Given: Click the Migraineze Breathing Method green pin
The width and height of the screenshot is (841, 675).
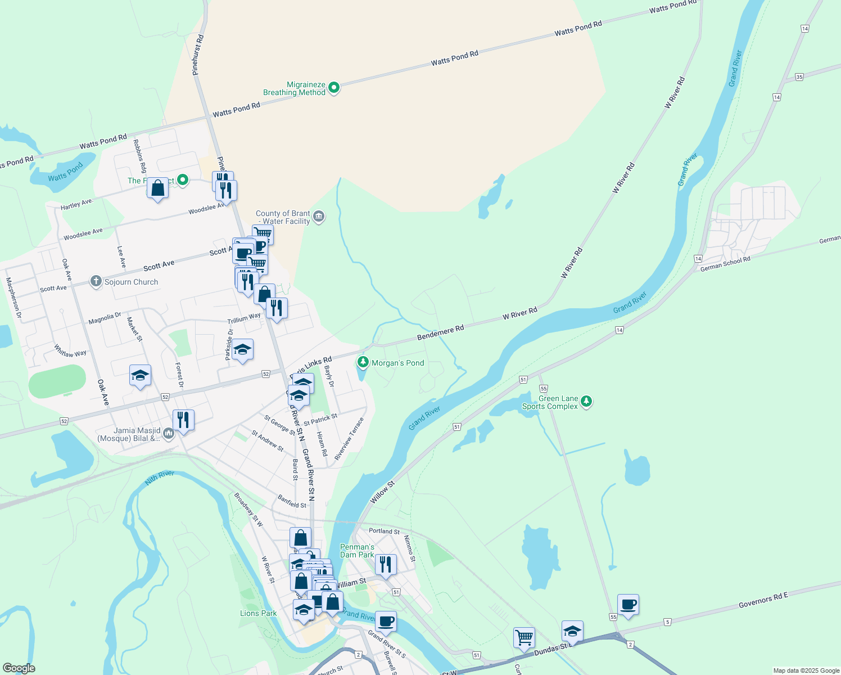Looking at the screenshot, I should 334,87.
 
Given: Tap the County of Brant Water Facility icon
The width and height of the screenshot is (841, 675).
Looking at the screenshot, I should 319,217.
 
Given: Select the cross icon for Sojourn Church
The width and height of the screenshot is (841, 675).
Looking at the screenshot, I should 96,281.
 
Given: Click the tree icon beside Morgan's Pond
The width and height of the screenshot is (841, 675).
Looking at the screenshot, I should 363,362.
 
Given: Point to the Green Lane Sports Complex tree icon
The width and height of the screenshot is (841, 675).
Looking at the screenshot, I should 586,401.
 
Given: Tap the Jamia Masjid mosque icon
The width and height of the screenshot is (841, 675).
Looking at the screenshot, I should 169,434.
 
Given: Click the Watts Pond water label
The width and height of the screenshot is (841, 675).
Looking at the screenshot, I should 65,172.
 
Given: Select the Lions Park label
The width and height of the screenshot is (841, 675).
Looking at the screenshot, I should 259,613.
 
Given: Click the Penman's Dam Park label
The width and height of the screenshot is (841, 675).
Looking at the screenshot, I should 357,551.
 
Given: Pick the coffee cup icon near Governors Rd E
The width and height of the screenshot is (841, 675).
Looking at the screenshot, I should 628,605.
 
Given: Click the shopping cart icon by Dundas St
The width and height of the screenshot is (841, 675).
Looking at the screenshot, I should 524,638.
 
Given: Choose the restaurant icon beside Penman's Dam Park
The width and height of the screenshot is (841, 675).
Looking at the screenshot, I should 386,564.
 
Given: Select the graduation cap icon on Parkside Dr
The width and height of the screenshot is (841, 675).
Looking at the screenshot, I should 242,350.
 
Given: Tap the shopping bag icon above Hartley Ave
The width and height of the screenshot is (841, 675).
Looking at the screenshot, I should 158,188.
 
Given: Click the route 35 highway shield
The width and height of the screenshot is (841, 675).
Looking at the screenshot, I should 799,76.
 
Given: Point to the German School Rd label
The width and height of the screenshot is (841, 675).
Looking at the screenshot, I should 725,263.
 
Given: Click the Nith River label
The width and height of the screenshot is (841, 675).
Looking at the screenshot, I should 160,478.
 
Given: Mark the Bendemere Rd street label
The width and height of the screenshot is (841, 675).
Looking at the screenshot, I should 440,332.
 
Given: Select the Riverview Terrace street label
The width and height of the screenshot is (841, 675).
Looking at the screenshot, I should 349,439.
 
